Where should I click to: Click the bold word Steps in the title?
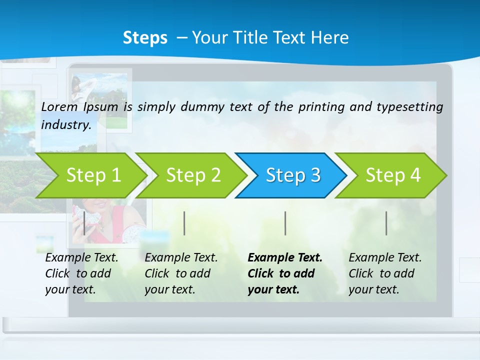click(145, 38)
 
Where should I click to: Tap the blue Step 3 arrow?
click(293, 175)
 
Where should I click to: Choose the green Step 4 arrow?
click(393, 175)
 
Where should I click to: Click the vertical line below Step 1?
click(84, 223)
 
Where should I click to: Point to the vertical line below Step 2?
click(184, 223)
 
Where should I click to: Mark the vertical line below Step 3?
click(285, 223)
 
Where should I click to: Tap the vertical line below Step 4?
click(386, 223)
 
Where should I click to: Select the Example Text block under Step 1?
click(81, 273)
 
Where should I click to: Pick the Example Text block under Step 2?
click(181, 273)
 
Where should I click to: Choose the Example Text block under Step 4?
click(385, 273)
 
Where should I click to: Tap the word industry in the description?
click(66, 124)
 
